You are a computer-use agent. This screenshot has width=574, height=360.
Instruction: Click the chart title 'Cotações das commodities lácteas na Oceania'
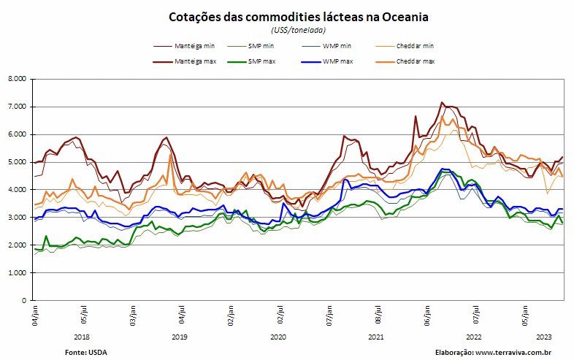299,18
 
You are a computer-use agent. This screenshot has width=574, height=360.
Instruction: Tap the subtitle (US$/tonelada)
299,30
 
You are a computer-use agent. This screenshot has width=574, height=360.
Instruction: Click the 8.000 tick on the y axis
18,79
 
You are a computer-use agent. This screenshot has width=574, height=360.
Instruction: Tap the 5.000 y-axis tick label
18,162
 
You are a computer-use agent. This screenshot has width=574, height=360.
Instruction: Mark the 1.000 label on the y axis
18,273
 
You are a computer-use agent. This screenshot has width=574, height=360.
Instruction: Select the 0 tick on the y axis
24,301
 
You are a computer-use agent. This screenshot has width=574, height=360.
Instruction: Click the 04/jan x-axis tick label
35,315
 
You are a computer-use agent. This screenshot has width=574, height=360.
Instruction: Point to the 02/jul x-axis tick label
280,314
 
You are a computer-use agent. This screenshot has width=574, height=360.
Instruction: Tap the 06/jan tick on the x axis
427,315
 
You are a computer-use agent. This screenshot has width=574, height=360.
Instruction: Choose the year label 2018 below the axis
81,337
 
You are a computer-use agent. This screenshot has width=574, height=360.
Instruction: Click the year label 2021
375,337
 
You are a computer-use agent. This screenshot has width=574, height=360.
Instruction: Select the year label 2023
544,337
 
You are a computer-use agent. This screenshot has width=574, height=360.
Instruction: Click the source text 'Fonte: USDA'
86,353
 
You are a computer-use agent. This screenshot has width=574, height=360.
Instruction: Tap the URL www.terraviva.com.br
513,353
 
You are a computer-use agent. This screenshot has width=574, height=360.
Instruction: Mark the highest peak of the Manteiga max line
442,102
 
